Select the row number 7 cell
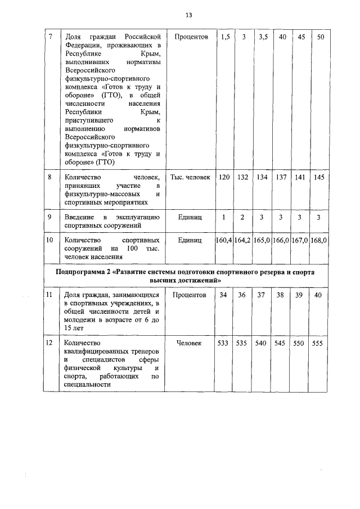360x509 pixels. tap(51, 37)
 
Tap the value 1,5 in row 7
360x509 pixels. tap(225, 37)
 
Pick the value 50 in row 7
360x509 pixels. tap(319, 37)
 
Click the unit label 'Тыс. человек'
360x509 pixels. tap(190, 177)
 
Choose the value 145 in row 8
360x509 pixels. tap(319, 177)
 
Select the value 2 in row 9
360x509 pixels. tap(243, 217)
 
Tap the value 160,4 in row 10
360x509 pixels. tap(224, 240)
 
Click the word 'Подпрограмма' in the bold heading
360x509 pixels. tap(84, 272)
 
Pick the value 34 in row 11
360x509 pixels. tap(224, 295)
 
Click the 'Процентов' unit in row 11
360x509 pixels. tap(190, 295)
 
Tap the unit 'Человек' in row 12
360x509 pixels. tap(190, 343)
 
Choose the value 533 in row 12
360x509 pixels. tap(224, 343)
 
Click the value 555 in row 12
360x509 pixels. tap(319, 343)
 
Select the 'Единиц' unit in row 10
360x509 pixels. tap(190, 240)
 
